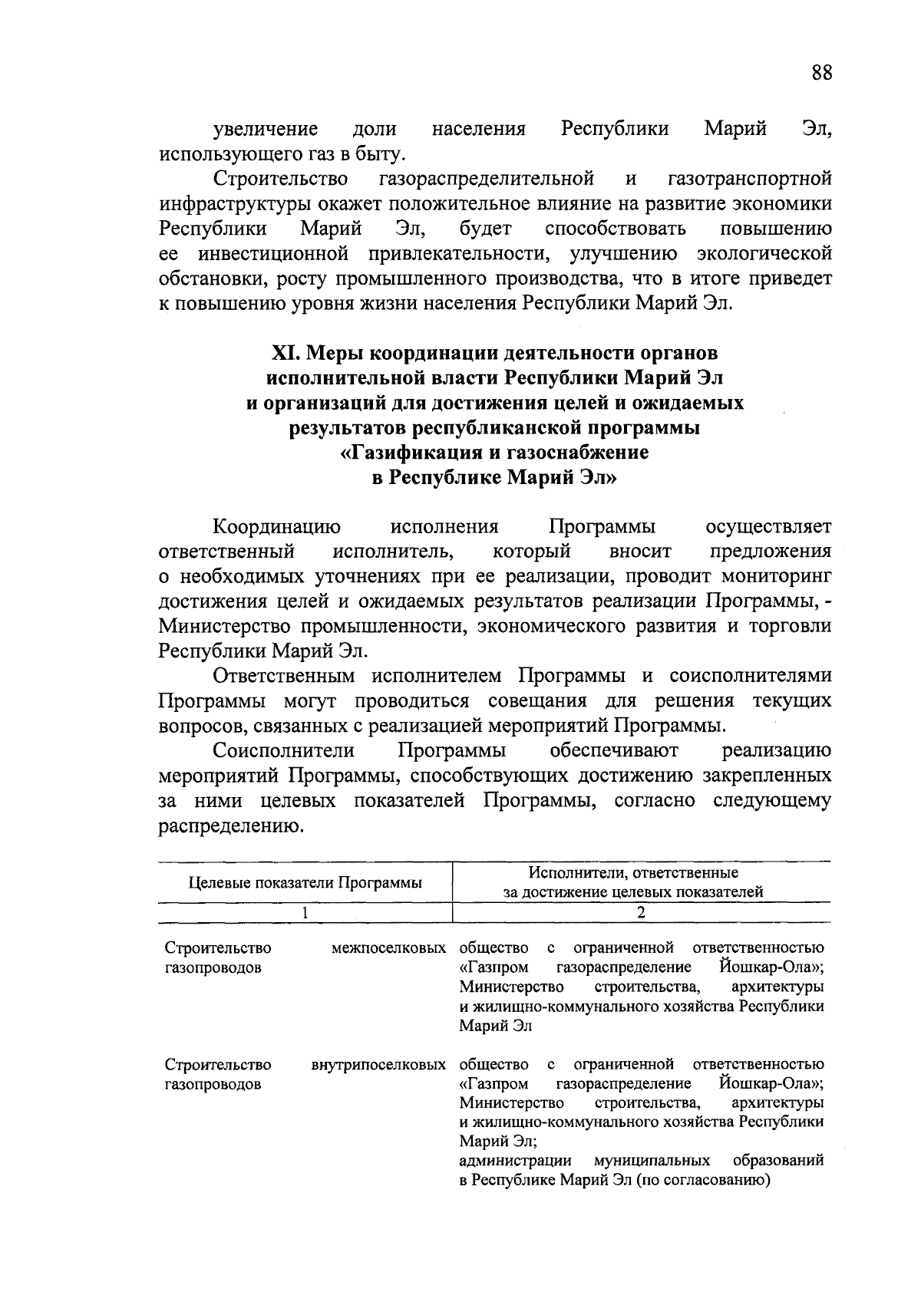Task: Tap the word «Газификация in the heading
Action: click(412, 452)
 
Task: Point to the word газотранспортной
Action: click(750, 179)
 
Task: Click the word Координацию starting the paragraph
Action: click(277, 527)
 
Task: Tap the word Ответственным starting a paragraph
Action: click(284, 676)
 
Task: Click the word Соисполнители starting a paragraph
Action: click(284, 750)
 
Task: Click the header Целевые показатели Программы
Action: click(305, 882)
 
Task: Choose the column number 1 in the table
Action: click(305, 912)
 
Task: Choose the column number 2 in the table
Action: click(641, 912)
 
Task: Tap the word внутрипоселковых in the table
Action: click(378, 1065)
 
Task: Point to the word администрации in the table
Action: click(516, 1160)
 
